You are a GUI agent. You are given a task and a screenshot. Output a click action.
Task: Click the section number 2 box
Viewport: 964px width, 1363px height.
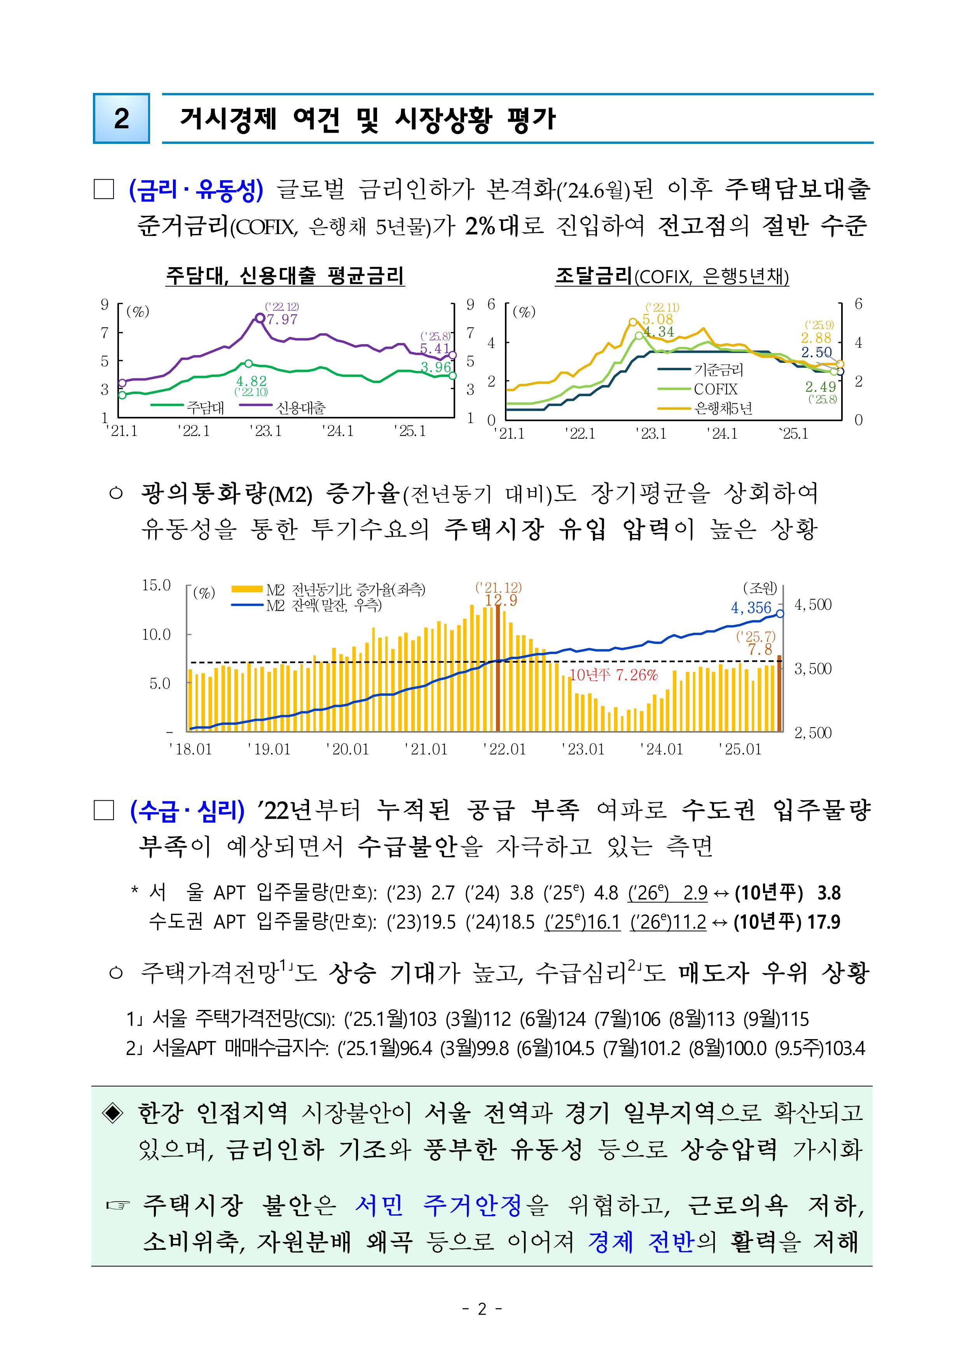coord(121,118)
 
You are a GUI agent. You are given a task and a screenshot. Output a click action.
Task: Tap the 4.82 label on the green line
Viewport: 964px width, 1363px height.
coord(251,381)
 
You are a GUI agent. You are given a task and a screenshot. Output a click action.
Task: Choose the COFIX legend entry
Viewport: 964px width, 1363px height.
coord(715,389)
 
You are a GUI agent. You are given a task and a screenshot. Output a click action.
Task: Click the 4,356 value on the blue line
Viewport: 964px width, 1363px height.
coord(751,607)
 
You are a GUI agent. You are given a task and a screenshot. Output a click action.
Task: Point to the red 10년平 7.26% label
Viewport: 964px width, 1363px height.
coord(613,675)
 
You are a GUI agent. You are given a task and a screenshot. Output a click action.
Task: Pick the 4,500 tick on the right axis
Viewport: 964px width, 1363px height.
coord(813,605)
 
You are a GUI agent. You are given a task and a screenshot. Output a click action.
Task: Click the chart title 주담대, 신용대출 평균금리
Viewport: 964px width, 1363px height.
coord(285,276)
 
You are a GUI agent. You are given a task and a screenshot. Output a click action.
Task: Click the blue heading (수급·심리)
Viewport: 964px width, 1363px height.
coord(187,811)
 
